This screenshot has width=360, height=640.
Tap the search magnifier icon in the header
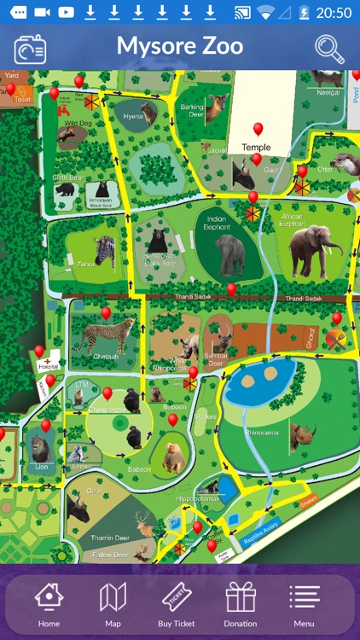(x=329, y=48)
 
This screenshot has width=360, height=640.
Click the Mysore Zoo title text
(x=180, y=46)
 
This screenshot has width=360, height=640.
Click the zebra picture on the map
(x=104, y=251)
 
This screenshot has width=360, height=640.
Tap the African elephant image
(x=314, y=250)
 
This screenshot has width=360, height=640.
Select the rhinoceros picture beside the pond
(x=302, y=437)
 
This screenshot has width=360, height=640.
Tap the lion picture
(x=40, y=447)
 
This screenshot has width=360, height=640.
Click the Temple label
(x=256, y=148)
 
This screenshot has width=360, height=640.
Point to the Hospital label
(x=49, y=365)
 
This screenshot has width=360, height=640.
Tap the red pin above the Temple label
(x=258, y=129)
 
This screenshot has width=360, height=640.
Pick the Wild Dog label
(x=78, y=123)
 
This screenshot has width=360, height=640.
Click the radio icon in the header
(x=29, y=49)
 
